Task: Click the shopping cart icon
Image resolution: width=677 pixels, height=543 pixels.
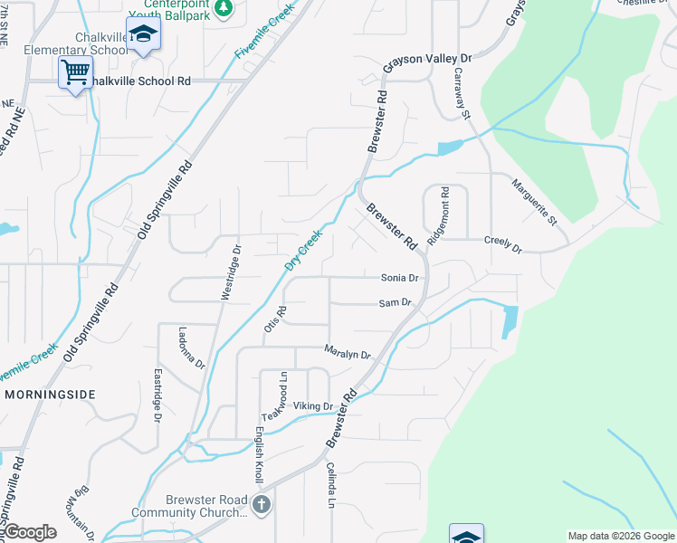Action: click(76, 71)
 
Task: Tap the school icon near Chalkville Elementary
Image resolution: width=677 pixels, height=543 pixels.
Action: click(143, 34)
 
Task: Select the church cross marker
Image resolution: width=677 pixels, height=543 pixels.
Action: click(262, 504)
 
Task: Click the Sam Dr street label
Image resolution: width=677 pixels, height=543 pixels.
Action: click(395, 303)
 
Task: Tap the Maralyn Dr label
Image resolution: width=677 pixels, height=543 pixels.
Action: click(348, 353)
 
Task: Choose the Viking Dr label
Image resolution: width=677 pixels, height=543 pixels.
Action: click(313, 406)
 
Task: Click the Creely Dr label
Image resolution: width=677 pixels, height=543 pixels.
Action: click(503, 244)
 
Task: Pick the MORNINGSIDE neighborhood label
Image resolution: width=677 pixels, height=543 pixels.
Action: click(50, 395)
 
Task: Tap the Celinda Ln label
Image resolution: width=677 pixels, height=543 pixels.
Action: click(331, 484)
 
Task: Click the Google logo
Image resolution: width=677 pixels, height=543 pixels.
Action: click(30, 532)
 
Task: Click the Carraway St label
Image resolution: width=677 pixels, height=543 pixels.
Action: click(462, 93)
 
